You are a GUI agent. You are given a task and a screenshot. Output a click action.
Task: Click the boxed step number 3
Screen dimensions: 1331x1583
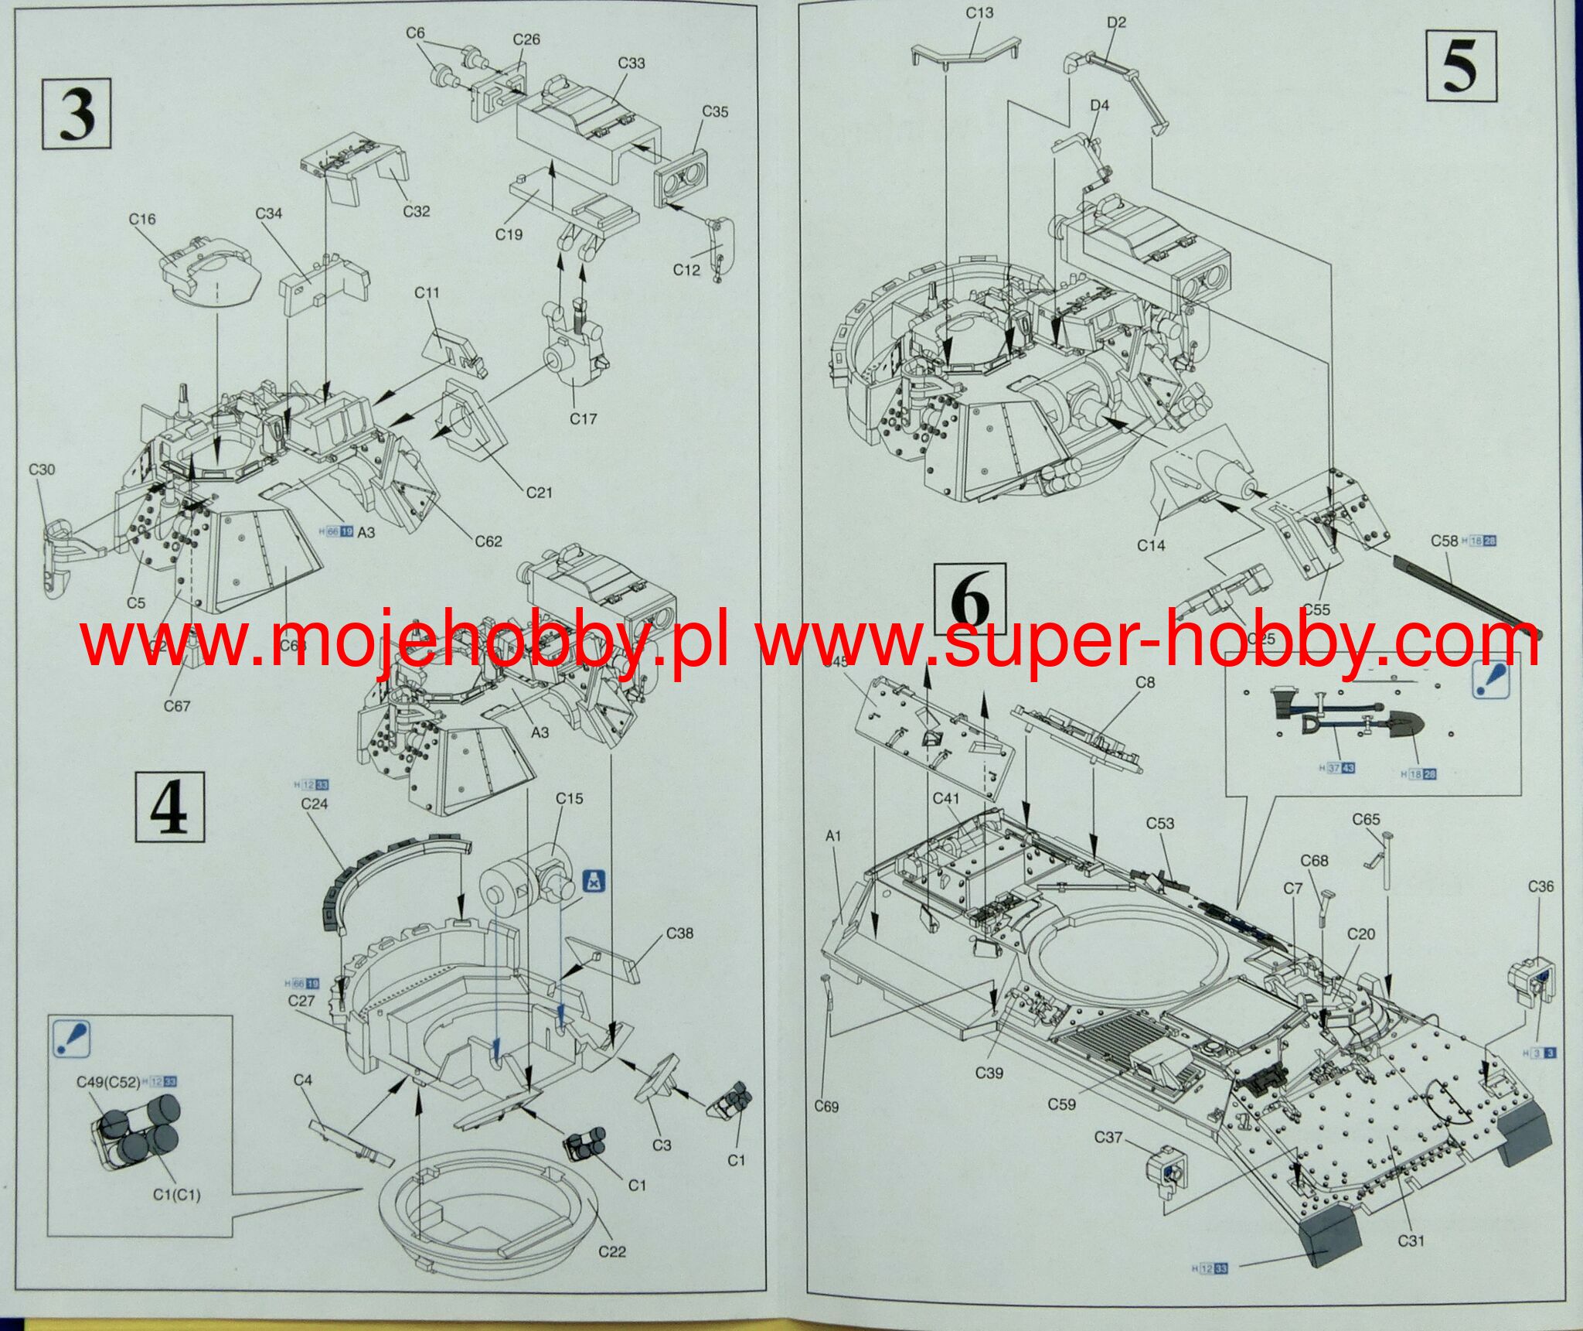click(77, 114)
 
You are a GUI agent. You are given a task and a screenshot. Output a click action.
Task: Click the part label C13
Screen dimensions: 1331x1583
click(979, 13)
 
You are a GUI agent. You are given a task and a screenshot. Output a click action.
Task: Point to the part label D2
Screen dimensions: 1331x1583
click(1116, 22)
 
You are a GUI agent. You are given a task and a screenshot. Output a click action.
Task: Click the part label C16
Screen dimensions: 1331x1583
click(142, 219)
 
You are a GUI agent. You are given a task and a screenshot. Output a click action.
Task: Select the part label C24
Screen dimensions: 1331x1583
click(314, 804)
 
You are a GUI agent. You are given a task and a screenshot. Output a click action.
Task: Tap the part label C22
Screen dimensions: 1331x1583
click(611, 1251)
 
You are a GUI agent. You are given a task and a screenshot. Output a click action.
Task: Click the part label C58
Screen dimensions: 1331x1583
click(1444, 541)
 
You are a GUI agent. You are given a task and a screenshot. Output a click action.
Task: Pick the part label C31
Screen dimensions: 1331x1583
click(1411, 1241)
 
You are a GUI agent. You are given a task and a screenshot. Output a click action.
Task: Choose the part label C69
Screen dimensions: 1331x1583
click(826, 1107)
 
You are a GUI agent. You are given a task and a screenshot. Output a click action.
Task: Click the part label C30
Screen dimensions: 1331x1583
click(42, 469)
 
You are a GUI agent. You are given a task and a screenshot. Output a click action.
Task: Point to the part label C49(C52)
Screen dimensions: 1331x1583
click(108, 1082)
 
